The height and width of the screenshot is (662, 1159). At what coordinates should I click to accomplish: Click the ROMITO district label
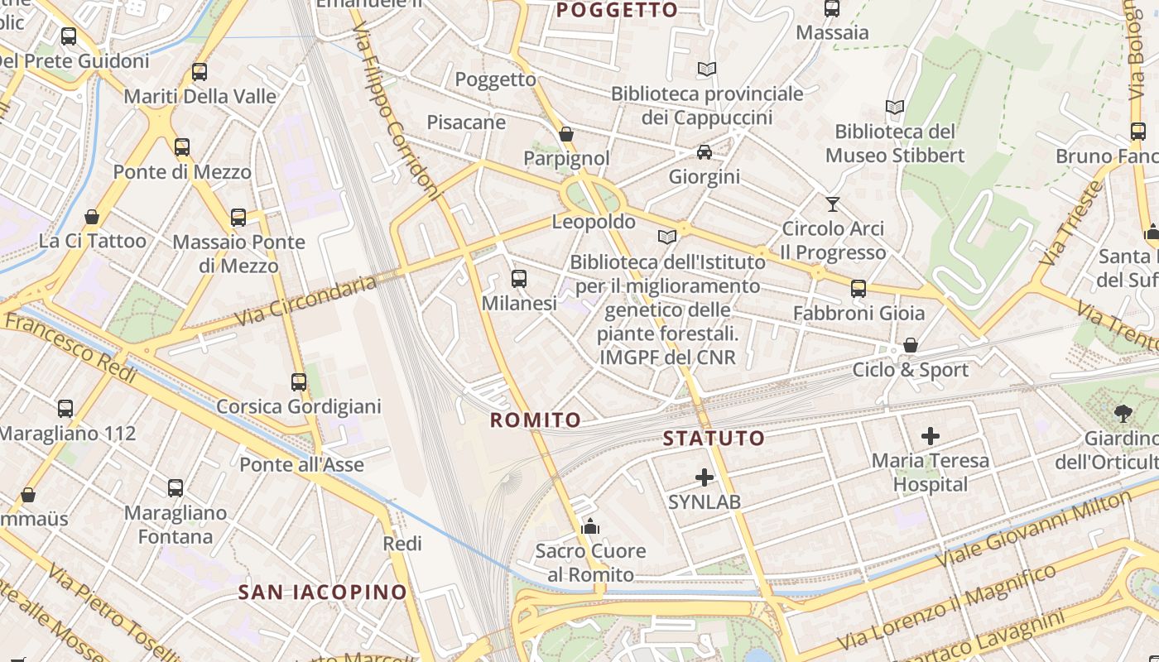point(536,420)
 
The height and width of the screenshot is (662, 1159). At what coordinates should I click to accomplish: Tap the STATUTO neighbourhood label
point(714,439)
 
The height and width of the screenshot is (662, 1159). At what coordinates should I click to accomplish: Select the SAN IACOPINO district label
point(323,592)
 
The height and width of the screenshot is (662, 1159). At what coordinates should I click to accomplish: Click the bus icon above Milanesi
point(519,279)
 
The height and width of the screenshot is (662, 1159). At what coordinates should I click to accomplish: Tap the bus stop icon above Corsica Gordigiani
point(299,382)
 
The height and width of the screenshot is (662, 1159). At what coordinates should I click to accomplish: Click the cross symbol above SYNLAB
point(705,477)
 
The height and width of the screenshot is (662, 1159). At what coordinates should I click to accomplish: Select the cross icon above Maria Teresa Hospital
point(931,436)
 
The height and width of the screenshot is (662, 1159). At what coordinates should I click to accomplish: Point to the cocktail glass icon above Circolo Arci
point(833,204)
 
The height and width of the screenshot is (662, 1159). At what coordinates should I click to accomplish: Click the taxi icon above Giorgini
point(705,152)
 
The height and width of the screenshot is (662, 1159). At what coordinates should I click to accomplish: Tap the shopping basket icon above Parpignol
point(566,134)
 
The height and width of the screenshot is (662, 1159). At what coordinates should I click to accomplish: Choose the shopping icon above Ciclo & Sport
point(911,345)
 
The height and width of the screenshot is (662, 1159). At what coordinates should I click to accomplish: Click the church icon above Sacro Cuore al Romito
point(590,526)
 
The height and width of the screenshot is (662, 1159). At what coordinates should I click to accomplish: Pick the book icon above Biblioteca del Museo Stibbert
point(894,107)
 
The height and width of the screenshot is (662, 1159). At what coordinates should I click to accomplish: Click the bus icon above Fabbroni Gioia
point(858,289)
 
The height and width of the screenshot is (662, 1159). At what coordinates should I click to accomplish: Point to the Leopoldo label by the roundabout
point(594,222)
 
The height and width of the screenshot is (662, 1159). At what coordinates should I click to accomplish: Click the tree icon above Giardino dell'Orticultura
point(1123,413)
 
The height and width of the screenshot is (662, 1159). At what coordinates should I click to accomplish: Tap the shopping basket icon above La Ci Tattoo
point(92,217)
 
